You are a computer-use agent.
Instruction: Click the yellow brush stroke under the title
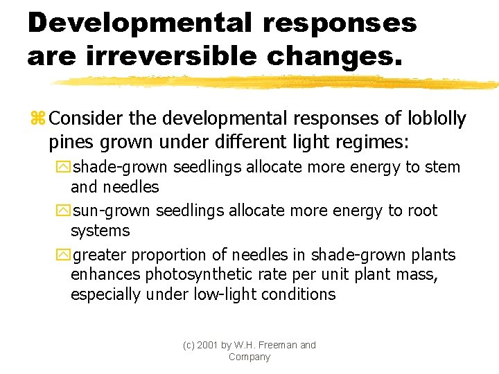click(x=277, y=82)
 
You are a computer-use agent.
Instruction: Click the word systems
click(x=100, y=230)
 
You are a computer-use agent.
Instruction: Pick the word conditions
click(x=299, y=294)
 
